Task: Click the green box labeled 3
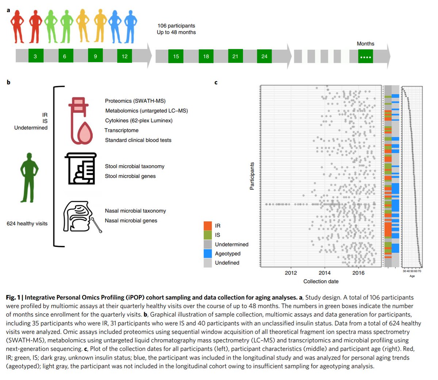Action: [36, 56]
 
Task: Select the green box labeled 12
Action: [124, 56]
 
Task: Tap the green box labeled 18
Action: [206, 56]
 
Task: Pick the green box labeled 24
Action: [264, 56]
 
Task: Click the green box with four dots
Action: [365, 57]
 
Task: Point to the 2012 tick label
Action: [291, 273]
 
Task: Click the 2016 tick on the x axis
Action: [358, 273]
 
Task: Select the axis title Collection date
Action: [321, 282]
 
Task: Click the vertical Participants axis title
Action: [252, 176]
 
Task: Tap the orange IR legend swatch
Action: [208, 226]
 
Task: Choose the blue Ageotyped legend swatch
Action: [208, 253]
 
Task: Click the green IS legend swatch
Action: [208, 235]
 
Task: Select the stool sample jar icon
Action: [81, 168]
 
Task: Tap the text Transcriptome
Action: [122, 130]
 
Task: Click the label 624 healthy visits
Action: [27, 224]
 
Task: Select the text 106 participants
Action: [176, 26]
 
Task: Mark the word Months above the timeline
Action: [365, 44]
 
